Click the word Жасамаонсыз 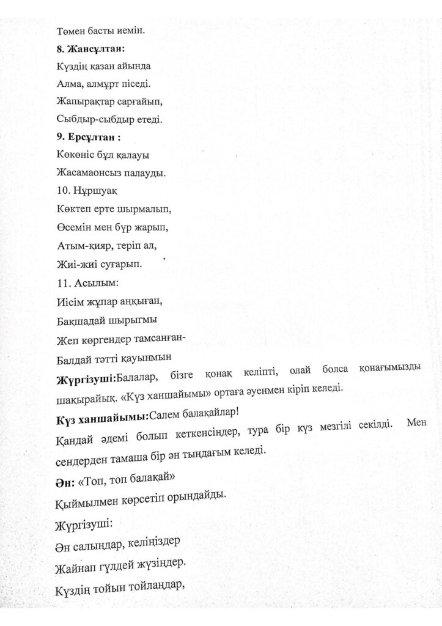click(92, 174)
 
